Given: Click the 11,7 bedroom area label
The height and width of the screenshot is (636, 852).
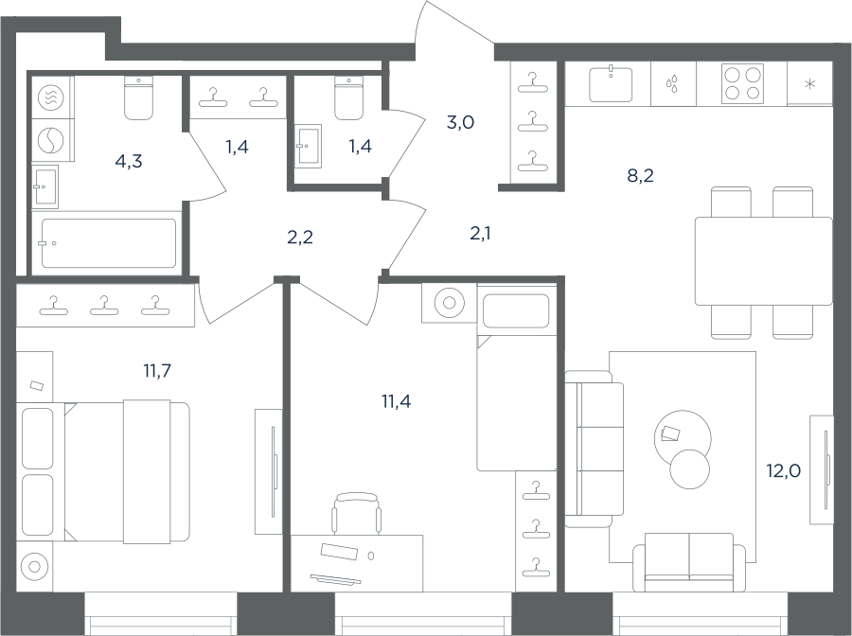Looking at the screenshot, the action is [157, 372].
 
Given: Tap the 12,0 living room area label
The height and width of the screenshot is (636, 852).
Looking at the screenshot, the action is [784, 471].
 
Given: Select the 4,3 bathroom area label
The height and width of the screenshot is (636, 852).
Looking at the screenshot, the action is [129, 162].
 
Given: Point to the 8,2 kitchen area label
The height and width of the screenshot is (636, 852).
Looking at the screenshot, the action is [640, 176].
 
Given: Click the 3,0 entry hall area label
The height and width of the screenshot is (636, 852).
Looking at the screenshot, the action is [460, 123].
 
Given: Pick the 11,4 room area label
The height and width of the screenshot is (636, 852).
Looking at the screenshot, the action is [396, 402].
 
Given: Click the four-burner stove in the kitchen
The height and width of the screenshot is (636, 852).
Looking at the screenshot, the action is [742, 83].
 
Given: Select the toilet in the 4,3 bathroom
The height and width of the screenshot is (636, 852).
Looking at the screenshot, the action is [138, 97].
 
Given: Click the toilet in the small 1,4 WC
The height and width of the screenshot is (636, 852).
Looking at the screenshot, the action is [348, 97].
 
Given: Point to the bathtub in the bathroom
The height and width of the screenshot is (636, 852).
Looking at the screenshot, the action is [109, 243].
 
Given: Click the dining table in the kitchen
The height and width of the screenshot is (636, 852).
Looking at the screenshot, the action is [763, 260].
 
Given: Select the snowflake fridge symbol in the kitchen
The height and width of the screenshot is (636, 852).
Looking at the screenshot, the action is [810, 83].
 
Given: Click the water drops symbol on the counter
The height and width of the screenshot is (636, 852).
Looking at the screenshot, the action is [673, 84].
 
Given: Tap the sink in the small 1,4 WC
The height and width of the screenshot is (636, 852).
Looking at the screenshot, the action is [309, 146].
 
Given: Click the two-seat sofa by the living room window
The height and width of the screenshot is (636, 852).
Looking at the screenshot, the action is [689, 562].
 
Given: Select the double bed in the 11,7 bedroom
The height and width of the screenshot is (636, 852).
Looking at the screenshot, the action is [103, 471].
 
